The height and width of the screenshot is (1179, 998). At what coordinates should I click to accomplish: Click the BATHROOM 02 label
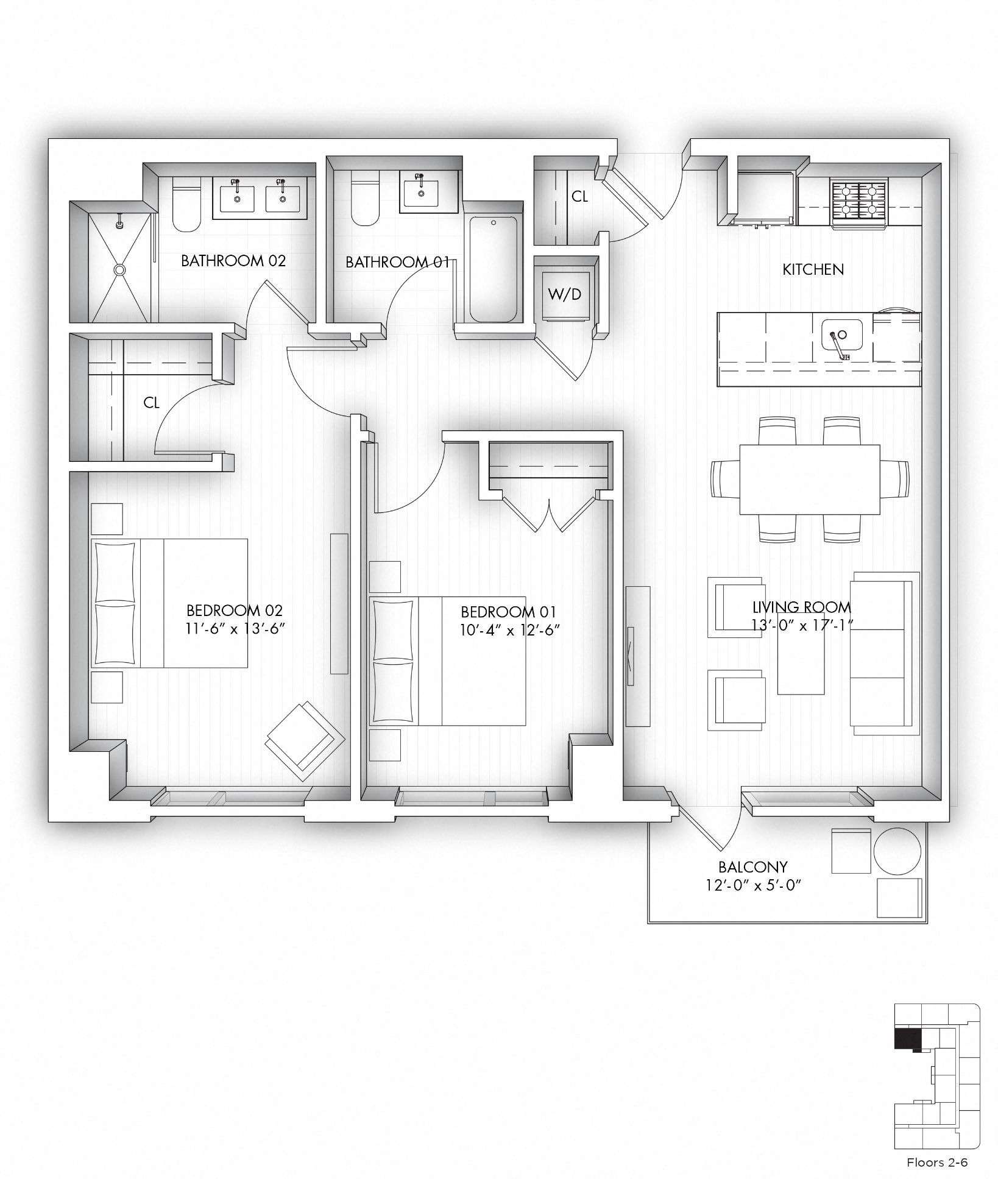pos(233,261)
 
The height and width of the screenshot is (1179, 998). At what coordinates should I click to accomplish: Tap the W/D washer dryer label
pos(564,294)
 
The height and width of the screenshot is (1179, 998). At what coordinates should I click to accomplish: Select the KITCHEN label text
pos(813,269)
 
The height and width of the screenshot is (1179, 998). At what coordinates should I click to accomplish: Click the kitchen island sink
pos(842,336)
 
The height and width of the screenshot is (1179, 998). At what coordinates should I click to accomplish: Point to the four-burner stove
pos(859,199)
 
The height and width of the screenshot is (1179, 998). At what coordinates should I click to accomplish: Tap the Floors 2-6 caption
pos(936,1162)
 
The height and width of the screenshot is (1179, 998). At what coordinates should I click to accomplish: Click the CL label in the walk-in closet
pos(151,403)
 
